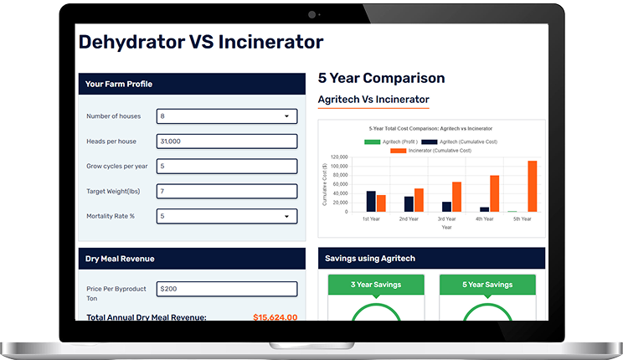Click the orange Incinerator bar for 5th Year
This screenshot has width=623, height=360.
click(533, 186)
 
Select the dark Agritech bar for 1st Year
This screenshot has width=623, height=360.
click(371, 201)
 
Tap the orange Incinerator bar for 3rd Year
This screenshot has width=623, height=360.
click(456, 197)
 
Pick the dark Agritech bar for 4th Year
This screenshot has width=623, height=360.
click(484, 209)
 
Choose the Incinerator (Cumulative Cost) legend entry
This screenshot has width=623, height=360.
click(438, 150)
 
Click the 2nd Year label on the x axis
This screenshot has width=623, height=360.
click(409, 219)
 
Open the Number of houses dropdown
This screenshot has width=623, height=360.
click(227, 116)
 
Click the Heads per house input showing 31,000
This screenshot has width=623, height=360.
click(227, 141)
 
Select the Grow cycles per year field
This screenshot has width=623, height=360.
click(227, 167)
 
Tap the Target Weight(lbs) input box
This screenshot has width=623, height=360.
click(227, 192)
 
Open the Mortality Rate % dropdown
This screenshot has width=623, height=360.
click(227, 217)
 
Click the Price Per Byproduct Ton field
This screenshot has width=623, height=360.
click(227, 289)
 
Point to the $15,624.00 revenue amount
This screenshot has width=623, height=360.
click(275, 317)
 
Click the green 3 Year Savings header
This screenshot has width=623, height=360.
click(376, 285)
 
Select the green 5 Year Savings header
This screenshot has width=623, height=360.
click(487, 285)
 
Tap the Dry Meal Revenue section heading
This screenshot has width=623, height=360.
click(120, 259)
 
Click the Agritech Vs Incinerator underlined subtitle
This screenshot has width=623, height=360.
click(373, 100)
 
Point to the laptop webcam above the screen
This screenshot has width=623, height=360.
click(311, 14)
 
